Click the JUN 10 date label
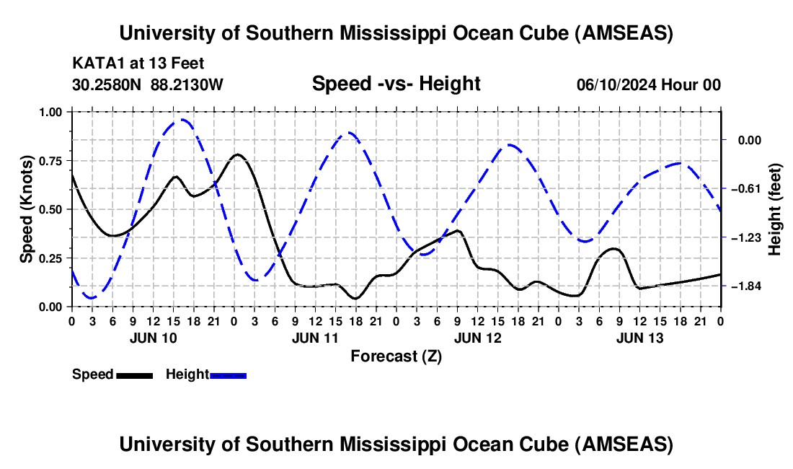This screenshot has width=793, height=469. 152,337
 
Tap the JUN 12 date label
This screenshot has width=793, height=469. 477,337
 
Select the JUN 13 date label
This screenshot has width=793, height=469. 639,337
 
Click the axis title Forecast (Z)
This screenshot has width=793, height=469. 396,356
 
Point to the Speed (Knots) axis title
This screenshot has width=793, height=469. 27,209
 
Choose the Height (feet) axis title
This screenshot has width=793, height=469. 776,209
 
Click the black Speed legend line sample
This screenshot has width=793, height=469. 133,374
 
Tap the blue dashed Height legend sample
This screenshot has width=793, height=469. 228,374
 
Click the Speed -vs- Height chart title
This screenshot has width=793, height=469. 396,84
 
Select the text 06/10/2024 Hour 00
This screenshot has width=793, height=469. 648,84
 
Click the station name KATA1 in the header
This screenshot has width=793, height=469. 94,63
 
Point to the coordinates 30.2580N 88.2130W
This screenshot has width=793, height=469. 148,84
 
